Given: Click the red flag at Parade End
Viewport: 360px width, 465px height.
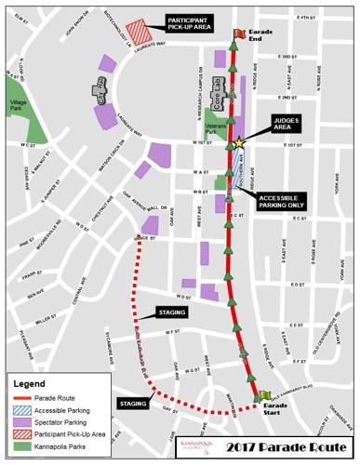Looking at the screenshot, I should point(238,33).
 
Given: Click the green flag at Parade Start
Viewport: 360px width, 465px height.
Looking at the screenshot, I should point(263,396).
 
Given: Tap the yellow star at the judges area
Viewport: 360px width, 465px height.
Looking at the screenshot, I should point(239,142).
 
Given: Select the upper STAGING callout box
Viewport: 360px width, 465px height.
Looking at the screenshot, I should point(173,312).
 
